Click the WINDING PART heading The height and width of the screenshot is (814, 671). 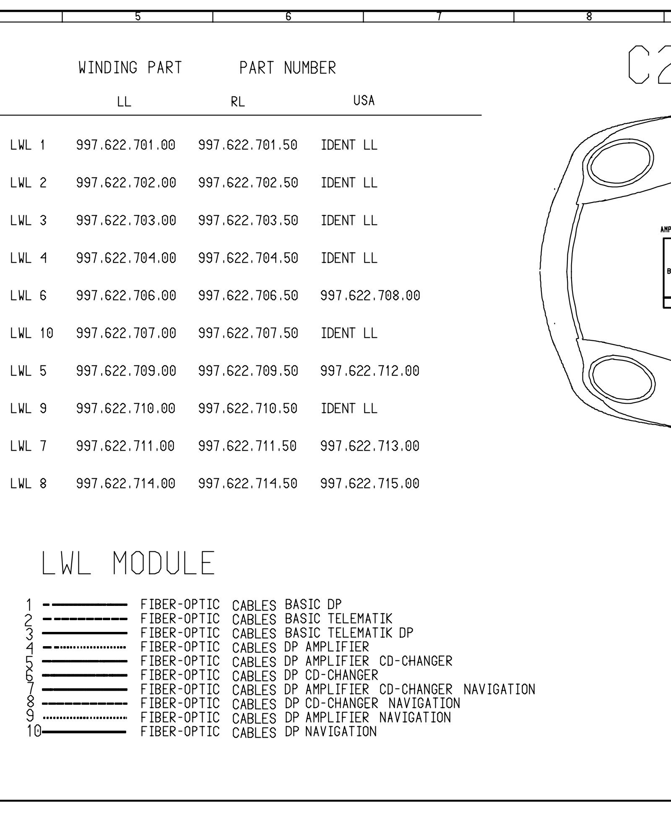130,68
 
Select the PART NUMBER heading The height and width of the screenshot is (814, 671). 288,68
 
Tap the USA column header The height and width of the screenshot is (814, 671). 364,100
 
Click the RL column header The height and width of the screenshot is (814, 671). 238,102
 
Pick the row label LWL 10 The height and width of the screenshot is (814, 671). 32,333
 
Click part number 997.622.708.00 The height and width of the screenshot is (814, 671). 370,296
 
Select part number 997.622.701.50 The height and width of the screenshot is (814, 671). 248,145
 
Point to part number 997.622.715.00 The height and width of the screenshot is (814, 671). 370,484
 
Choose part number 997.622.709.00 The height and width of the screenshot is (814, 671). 126,371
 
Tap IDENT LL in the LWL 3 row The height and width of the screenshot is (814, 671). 349,220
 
